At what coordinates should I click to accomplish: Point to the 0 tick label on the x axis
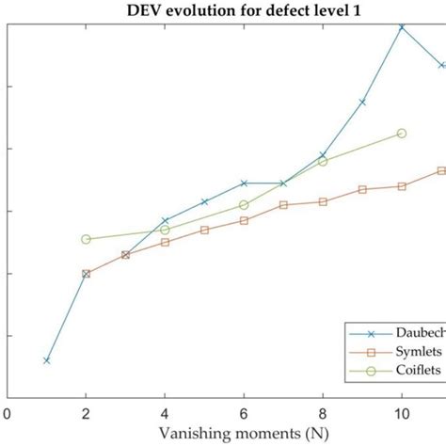coord(8,412)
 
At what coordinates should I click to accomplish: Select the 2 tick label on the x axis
coord(87,412)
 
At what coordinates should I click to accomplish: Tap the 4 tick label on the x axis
coord(166,412)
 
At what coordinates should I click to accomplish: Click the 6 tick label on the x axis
coord(245,412)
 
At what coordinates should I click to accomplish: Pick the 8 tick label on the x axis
coord(324,412)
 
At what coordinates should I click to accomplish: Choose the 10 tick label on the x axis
coord(402,412)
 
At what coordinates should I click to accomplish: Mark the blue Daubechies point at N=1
coord(47,360)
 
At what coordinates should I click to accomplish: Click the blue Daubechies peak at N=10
coord(402,26)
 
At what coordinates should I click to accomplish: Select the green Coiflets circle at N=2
coord(87,239)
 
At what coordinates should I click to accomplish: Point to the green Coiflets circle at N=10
coord(402,134)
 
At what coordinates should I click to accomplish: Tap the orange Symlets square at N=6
coord(245,220)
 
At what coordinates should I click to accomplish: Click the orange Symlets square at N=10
coord(402,186)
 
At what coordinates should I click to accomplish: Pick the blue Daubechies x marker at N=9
coord(362,102)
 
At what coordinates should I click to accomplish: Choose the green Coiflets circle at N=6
coord(245,204)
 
